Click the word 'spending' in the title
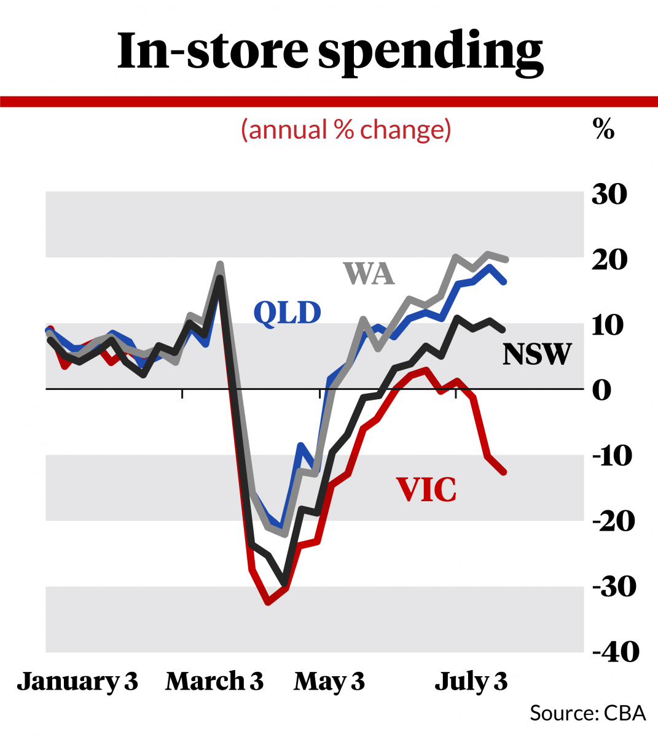430,52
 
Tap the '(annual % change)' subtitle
347,130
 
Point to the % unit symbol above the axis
603,130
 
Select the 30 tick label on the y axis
609,195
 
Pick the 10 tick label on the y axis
609,325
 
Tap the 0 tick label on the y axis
602,390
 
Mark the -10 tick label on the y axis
612,456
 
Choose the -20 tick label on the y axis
612,521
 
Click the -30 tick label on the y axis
612,587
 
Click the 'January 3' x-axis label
77,682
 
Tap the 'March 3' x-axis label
214,682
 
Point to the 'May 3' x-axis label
329,682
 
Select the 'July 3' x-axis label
471,682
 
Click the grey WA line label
369,274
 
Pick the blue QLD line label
288,313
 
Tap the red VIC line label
426,490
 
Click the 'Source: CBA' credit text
588,713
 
